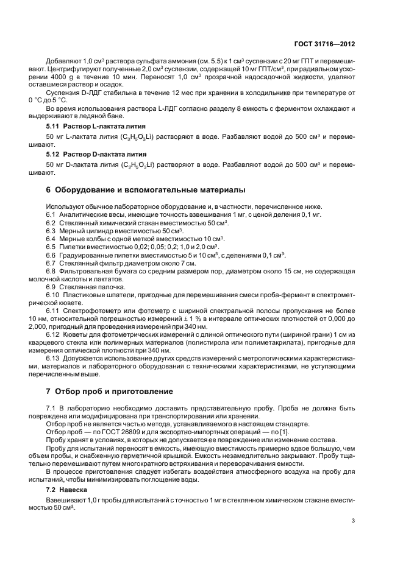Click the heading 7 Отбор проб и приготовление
110,391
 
